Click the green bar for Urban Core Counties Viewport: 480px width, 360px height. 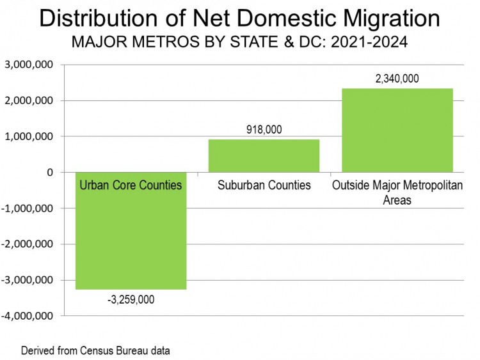point(131,243)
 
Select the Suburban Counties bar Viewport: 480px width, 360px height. point(264,156)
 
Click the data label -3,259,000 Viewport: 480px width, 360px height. point(131,299)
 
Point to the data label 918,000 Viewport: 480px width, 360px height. point(264,130)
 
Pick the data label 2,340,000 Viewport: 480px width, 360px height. point(397,79)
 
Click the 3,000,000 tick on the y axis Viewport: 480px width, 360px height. point(29,65)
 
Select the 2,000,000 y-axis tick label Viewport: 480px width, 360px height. point(29,100)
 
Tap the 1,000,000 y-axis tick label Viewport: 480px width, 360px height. point(29,136)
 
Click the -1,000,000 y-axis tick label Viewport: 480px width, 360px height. point(28,208)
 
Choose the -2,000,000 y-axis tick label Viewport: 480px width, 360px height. point(28,244)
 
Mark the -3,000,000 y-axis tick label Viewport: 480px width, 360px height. point(28,280)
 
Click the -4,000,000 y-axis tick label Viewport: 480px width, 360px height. point(28,316)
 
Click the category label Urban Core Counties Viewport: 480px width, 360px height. point(131,185)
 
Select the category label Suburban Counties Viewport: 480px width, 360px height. point(264,185)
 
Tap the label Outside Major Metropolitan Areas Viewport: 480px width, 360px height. point(397,192)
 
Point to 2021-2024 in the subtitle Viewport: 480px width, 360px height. point(368,45)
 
